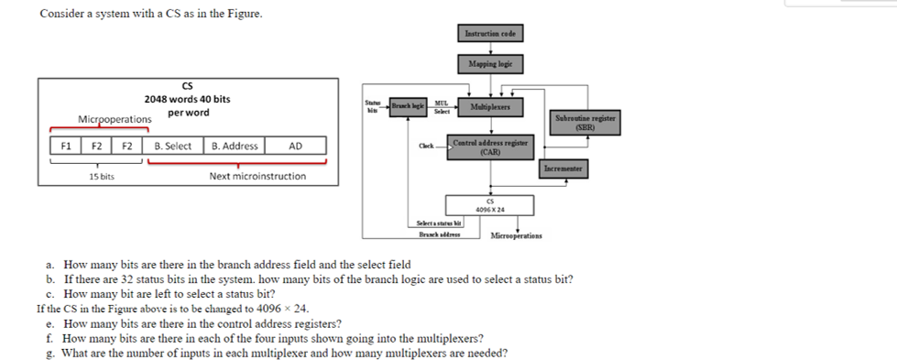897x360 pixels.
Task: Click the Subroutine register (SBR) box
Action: click(585, 122)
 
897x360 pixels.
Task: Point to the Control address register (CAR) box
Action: click(489, 147)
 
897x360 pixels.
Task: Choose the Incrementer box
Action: click(563, 169)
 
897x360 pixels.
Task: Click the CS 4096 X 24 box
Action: click(489, 204)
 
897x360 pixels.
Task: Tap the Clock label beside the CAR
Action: click(427, 147)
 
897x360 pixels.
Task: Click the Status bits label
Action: click(372, 107)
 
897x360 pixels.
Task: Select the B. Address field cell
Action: click(234, 146)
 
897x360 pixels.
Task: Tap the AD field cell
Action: click(295, 146)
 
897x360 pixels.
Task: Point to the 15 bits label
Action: click(101, 176)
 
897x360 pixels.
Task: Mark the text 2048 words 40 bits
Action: click(187, 99)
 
